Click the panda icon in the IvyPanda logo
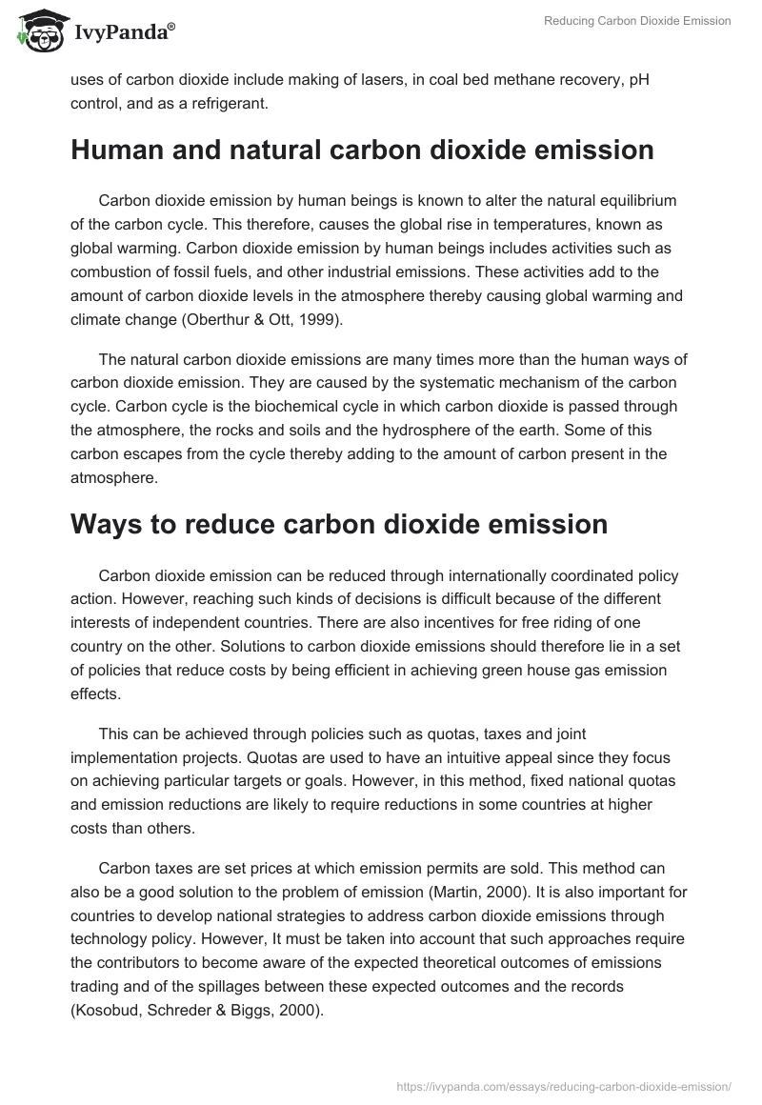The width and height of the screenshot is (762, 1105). coord(38,30)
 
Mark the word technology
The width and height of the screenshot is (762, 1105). coord(118,937)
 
